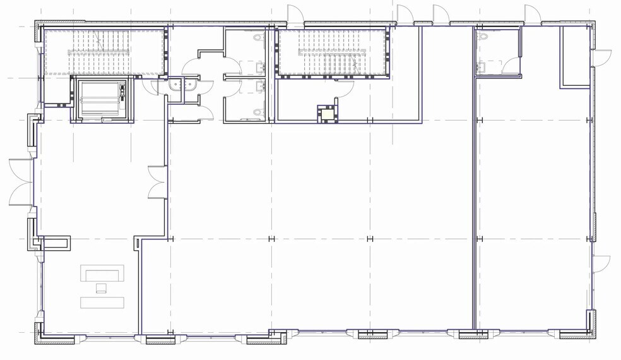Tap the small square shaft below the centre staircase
[328, 114]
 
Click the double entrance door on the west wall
[21, 183]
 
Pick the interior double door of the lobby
[156, 183]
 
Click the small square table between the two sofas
[101, 288]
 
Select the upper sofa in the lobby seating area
[102, 274]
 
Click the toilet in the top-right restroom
[484, 38]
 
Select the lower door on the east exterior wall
[601, 263]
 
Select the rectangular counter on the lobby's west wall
[54, 243]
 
